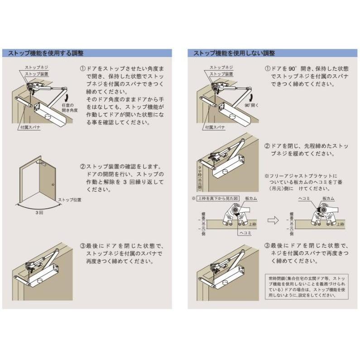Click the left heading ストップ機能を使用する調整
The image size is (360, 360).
click(x=46, y=53)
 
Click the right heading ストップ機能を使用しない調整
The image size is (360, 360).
click(x=231, y=53)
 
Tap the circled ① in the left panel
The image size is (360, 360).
click(x=83, y=69)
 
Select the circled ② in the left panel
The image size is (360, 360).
click(x=83, y=167)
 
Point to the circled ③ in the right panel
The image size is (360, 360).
click(x=267, y=245)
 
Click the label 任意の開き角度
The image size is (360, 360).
click(x=70, y=107)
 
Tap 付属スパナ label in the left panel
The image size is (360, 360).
click(x=30, y=128)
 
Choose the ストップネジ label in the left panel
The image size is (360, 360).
click(x=36, y=67)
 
